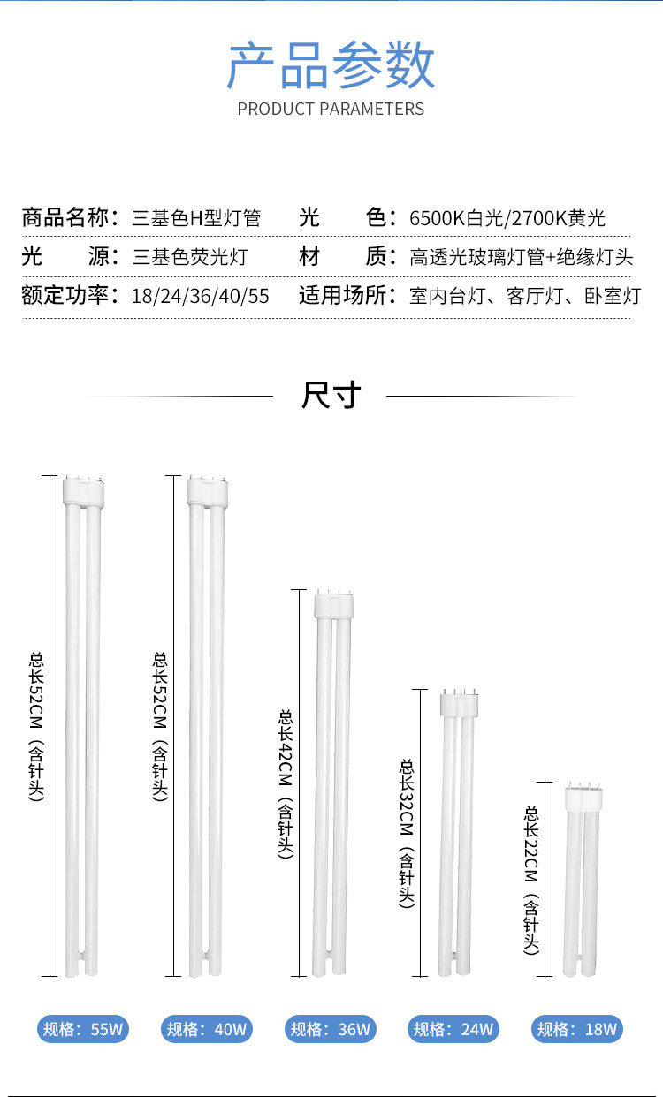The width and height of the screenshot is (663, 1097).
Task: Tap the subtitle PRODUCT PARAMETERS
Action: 331,109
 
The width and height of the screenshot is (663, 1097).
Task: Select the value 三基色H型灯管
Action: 196,217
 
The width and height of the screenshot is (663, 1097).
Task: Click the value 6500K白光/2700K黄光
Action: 507,217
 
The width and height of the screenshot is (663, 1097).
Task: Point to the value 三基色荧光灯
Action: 189,257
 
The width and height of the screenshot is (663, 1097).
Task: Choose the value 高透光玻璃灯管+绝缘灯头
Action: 522,257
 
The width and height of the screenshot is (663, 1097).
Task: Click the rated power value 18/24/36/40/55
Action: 200,295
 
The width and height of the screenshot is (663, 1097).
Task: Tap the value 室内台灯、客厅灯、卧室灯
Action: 525,295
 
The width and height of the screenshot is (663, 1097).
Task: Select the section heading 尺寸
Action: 331,395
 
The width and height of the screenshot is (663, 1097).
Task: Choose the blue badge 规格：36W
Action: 331,1029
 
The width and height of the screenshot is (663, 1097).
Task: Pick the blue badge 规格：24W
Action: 454,1029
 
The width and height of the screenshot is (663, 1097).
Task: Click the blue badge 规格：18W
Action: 578,1029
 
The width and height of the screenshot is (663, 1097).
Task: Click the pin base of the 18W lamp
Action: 583,795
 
